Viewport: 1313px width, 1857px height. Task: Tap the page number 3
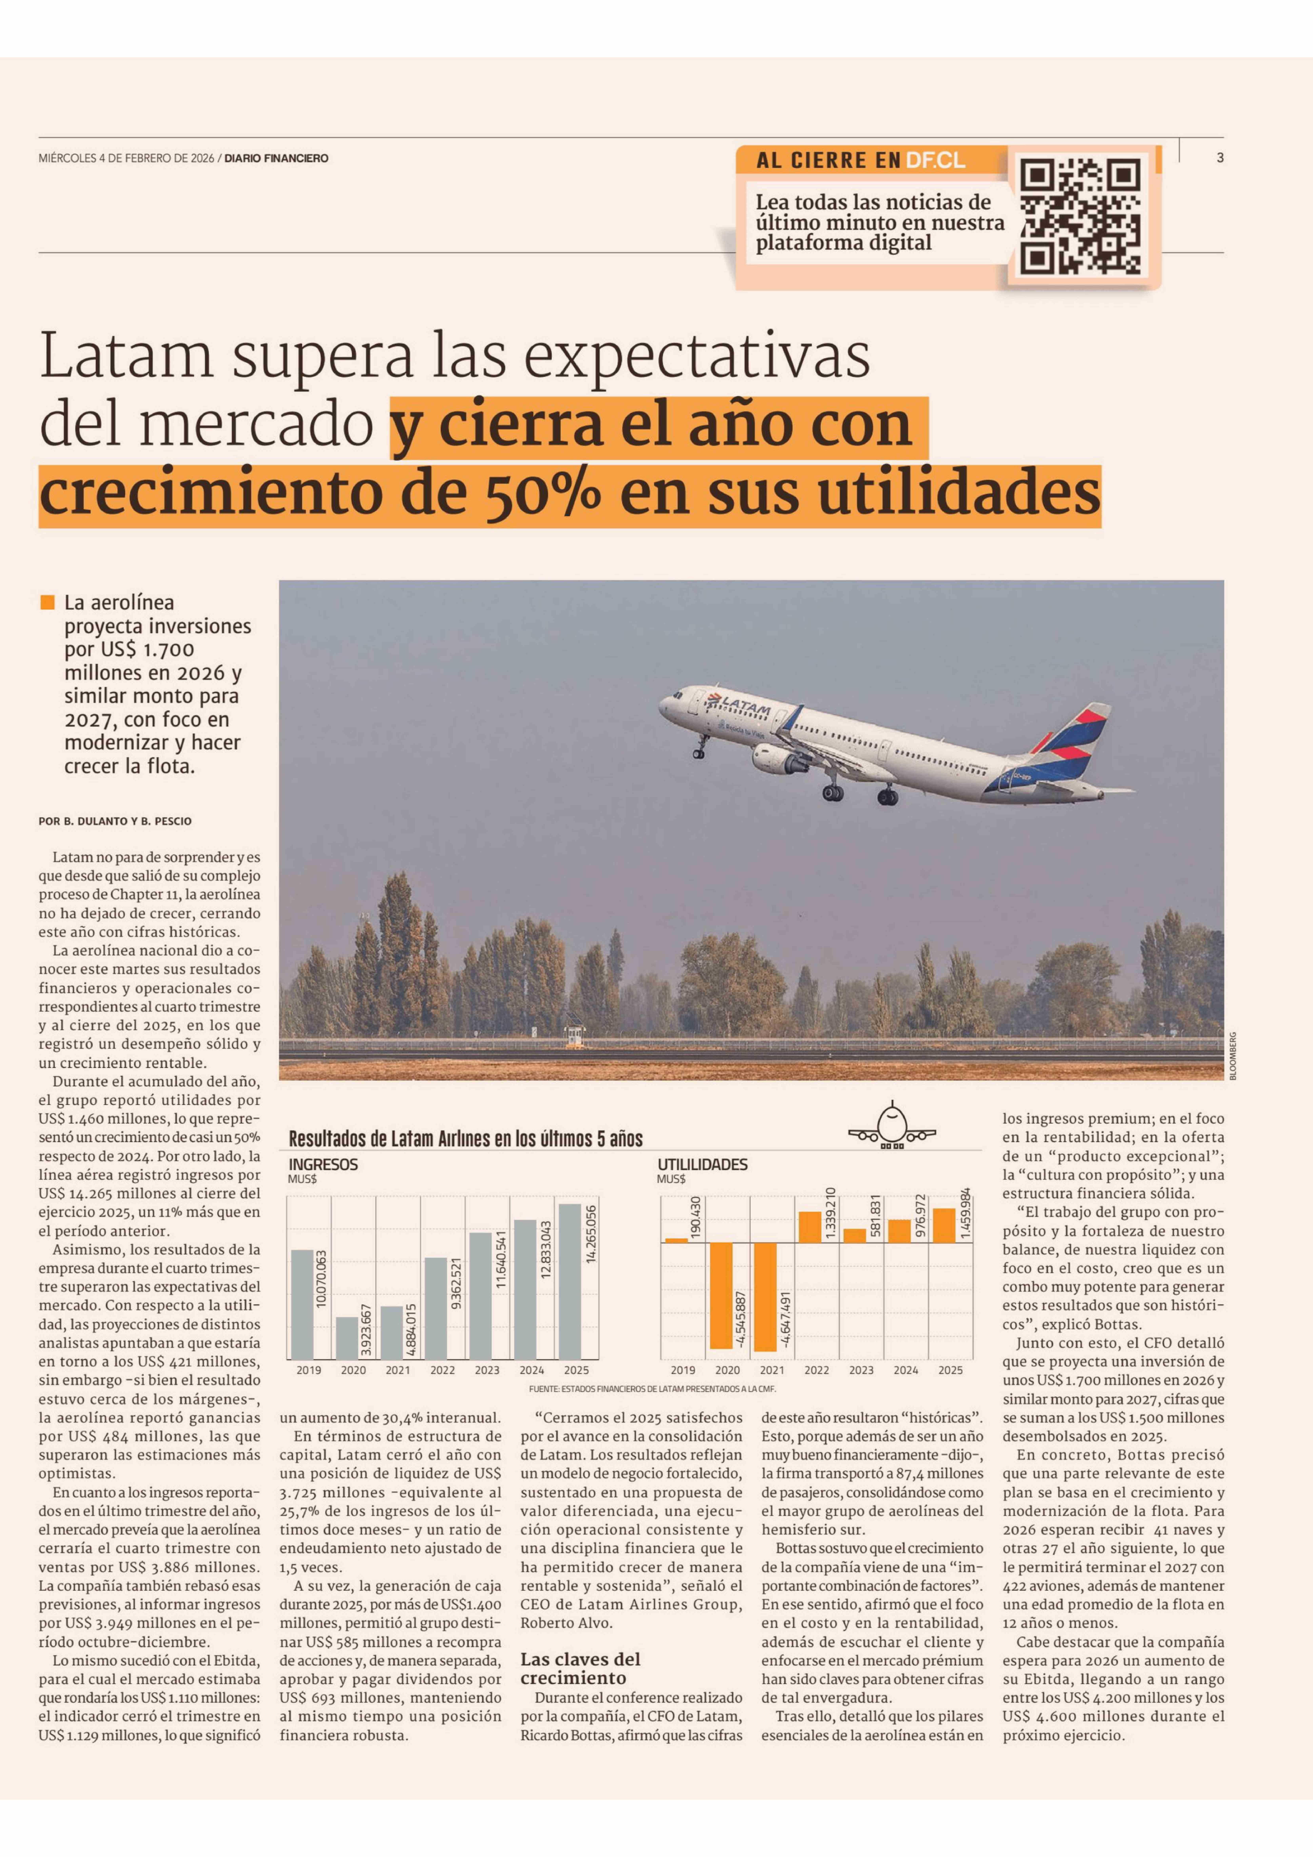(1220, 158)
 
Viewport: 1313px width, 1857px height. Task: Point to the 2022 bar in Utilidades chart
(810, 1227)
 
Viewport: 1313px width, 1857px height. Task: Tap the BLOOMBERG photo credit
(1233, 1056)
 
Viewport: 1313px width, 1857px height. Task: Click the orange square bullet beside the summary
(48, 603)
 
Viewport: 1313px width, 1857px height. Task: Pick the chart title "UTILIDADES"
(702, 1165)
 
